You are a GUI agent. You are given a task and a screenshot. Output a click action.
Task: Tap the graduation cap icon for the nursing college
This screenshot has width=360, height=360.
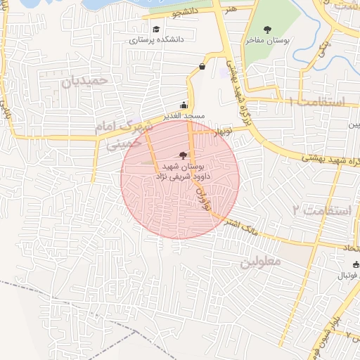pos(155,29)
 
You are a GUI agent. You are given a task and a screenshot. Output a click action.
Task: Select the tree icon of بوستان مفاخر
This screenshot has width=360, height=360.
pos(267,29)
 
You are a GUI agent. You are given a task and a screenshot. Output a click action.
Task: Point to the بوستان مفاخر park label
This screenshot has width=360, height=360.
pos(268,40)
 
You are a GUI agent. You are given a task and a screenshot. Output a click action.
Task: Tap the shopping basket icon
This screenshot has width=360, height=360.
pos(202,67)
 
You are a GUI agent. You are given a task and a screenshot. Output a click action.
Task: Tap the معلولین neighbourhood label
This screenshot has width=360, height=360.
pos(260,261)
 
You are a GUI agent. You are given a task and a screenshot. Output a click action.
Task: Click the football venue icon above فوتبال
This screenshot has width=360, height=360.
pos(356,264)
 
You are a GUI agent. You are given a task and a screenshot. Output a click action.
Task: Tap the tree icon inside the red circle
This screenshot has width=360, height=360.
pos(184,154)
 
